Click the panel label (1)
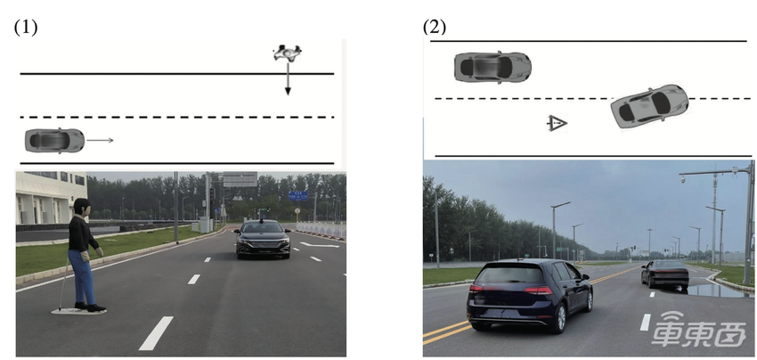coord(25,27)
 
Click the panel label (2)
coord(435,27)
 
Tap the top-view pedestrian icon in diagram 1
coord(288,53)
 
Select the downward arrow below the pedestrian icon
coord(288,78)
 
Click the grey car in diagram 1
coord(54,141)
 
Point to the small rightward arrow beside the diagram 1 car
coord(100,140)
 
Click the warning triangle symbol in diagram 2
coord(557,123)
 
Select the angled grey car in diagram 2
coord(649,106)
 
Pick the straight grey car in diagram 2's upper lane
coord(492,67)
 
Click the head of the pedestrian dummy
coord(82,207)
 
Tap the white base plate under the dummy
coord(78,311)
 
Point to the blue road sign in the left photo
coord(297,196)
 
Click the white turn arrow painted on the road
coord(320,244)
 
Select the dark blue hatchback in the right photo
coord(530,295)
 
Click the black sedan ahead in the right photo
coord(664,274)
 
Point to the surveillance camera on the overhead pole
coord(684,179)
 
